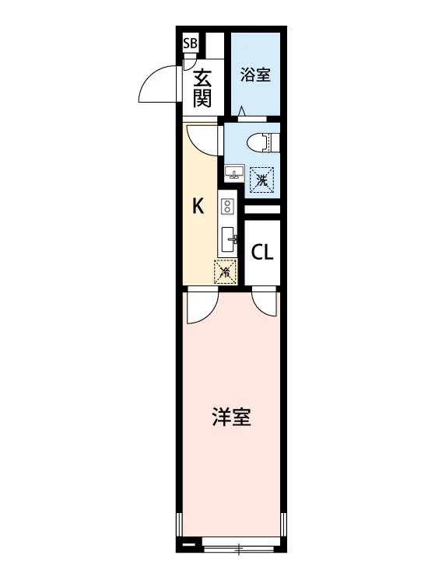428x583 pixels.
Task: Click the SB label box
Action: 190,43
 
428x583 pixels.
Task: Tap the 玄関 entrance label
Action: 202,89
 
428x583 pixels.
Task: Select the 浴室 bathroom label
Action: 255,75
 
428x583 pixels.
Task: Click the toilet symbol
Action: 263,141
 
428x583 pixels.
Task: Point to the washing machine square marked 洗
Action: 261,180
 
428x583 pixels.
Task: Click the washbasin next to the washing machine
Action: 233,173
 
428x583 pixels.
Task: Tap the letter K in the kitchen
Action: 198,206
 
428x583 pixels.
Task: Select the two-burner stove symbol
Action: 226,206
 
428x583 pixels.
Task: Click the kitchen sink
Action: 228,239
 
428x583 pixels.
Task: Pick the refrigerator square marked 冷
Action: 226,272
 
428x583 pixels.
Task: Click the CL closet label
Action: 262,253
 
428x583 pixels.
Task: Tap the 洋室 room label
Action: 231,417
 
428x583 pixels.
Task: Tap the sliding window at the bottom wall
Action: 239,548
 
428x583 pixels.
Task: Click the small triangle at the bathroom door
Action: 241,111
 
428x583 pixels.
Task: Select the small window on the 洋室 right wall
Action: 283,523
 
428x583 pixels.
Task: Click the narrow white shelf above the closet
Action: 262,209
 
